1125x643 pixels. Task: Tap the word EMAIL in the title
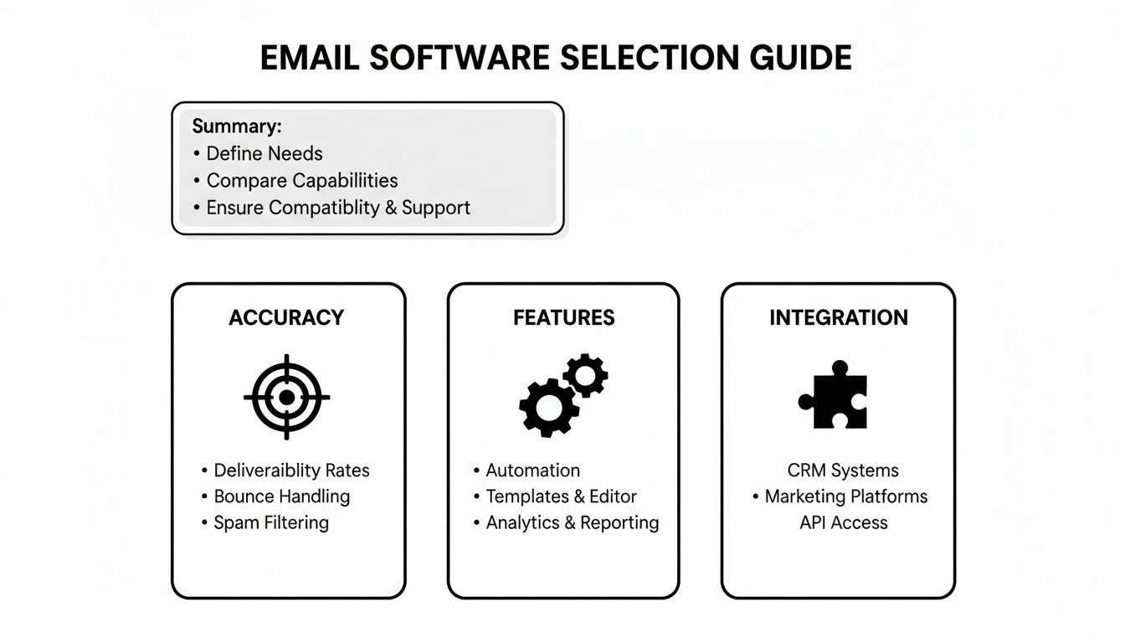310,57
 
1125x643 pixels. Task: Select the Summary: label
237,126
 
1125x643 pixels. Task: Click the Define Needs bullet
264,153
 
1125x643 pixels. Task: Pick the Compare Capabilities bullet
301,180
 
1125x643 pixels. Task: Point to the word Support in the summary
436,207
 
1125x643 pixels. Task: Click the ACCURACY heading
286,317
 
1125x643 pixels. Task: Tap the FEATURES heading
563,317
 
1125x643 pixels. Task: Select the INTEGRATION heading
838,317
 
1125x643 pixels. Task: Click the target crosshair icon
286,397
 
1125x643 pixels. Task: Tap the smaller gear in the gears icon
585,374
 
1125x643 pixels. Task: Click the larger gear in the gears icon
549,408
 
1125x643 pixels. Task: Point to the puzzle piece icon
834,395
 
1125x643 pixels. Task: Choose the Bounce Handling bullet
281,496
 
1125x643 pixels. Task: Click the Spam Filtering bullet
270,522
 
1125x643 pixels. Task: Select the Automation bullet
532,470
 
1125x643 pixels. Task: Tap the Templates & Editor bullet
561,496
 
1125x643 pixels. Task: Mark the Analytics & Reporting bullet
572,522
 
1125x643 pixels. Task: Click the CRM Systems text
842,470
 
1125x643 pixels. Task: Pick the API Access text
843,522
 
